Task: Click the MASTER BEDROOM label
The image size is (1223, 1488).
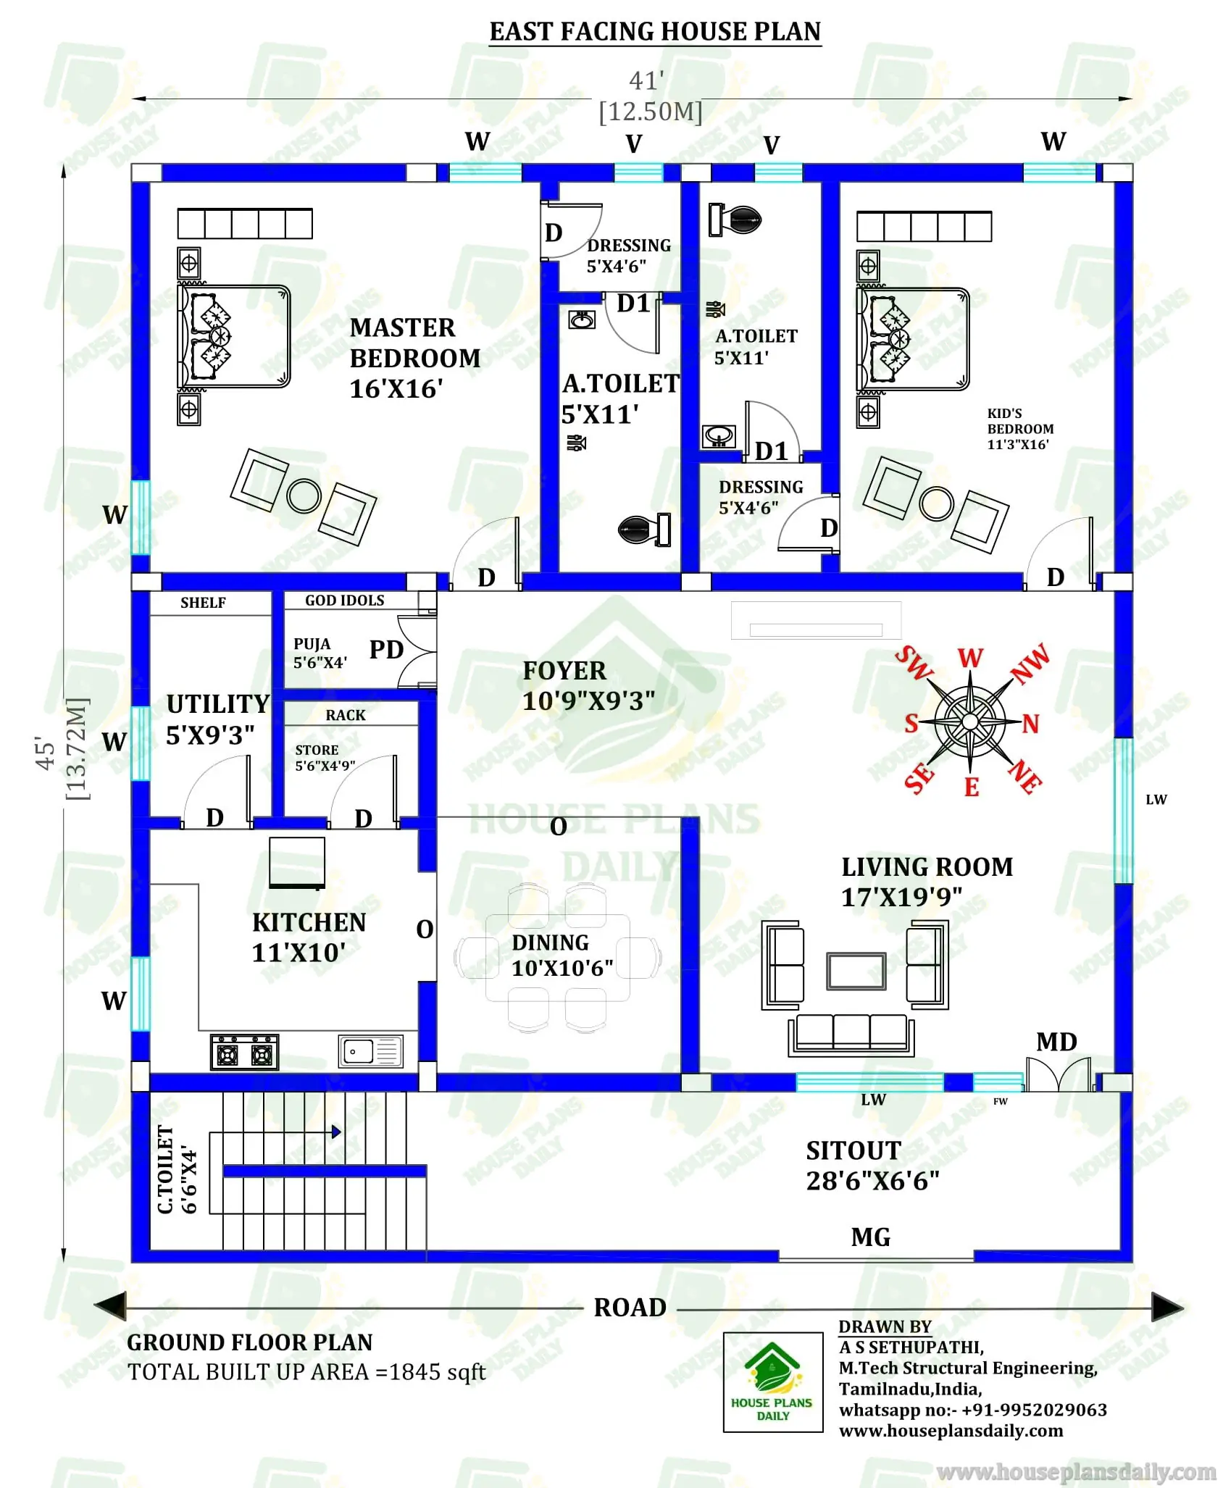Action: point(414,343)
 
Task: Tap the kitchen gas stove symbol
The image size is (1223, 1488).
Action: point(244,1052)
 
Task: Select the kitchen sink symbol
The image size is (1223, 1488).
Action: point(370,1050)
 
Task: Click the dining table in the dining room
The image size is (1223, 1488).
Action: point(557,958)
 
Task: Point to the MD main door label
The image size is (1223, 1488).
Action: point(1056,1042)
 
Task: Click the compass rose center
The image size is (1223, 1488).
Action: point(970,721)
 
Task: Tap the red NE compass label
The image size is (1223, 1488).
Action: point(1025,777)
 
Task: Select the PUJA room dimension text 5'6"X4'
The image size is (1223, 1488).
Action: point(320,662)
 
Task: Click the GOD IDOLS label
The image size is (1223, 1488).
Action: point(344,601)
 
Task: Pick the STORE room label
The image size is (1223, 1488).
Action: point(317,750)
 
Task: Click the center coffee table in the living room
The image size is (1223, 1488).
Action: point(856,971)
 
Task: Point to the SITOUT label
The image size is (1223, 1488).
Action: point(853,1150)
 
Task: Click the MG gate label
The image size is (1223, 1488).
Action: point(870,1237)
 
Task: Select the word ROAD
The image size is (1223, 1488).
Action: point(630,1308)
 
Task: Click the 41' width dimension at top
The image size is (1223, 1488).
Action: point(646,80)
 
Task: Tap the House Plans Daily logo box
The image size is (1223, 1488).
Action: point(772,1382)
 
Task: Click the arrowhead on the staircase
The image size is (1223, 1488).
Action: point(336,1132)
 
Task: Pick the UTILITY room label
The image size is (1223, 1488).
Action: point(217,704)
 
